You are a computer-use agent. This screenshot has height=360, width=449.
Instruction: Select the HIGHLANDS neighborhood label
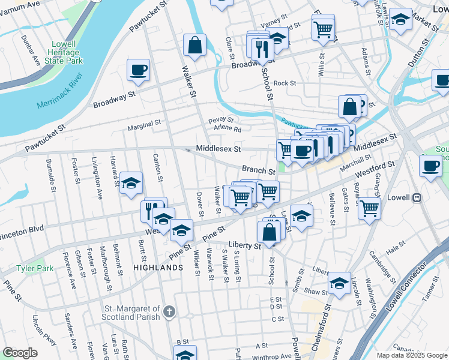158,268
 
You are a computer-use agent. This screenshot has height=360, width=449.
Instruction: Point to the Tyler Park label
31,268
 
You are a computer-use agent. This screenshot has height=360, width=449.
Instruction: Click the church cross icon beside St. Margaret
169,311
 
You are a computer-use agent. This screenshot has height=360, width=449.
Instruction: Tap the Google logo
20,353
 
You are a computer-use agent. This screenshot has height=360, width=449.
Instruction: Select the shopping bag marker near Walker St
194,45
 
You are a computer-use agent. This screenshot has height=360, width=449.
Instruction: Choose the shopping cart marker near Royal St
370,208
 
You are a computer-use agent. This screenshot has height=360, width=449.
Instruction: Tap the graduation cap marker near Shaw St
339,283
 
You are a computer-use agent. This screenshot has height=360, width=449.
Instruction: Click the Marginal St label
144,127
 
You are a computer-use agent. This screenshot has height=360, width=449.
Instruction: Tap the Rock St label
285,83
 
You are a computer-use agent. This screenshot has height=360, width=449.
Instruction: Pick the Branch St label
258,170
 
